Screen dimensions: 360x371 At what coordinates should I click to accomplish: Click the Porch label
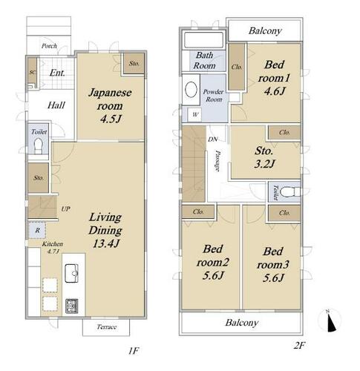click(49, 46)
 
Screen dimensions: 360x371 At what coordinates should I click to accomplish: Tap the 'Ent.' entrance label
click(57, 73)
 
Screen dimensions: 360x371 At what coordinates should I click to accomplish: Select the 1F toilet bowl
click(39, 146)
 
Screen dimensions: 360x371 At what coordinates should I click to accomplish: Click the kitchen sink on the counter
click(71, 273)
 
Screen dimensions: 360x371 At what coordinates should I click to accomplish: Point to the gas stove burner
click(72, 306)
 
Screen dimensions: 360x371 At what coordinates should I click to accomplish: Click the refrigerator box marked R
click(37, 230)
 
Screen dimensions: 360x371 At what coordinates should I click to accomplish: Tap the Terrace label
click(107, 327)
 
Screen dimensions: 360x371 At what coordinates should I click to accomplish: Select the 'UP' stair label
click(65, 209)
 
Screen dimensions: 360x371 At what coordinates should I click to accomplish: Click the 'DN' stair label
click(212, 139)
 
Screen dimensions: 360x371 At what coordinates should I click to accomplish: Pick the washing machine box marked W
click(195, 115)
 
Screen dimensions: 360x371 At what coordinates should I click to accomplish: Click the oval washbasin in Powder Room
click(191, 89)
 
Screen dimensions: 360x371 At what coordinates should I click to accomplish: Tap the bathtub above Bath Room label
click(203, 39)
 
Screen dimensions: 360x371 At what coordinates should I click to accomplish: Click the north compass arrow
click(331, 323)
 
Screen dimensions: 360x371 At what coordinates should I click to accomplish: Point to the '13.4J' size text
click(106, 243)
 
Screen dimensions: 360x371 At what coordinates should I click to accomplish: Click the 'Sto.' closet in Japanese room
click(134, 63)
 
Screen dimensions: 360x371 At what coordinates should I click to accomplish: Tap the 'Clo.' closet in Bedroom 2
click(198, 212)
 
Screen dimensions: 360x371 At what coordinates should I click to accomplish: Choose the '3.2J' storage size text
click(264, 163)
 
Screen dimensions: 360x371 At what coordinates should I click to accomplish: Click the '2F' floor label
click(299, 345)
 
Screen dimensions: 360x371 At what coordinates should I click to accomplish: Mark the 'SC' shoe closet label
click(32, 73)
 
